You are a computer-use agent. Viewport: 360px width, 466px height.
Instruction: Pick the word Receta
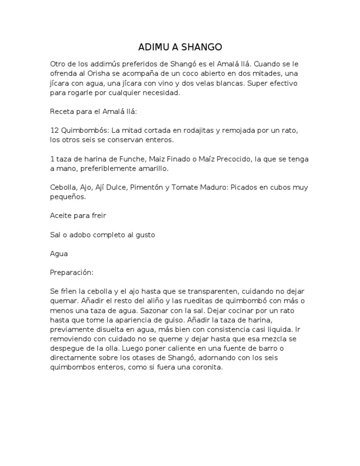click(62, 112)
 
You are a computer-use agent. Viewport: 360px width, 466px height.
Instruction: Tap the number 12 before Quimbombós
click(54, 130)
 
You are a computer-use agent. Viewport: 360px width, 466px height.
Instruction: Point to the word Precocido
click(227, 159)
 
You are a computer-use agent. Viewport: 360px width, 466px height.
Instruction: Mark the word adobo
click(81, 235)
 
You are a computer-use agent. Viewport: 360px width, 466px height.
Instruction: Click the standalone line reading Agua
click(59, 254)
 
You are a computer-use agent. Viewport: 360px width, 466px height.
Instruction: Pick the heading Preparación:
click(72, 272)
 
